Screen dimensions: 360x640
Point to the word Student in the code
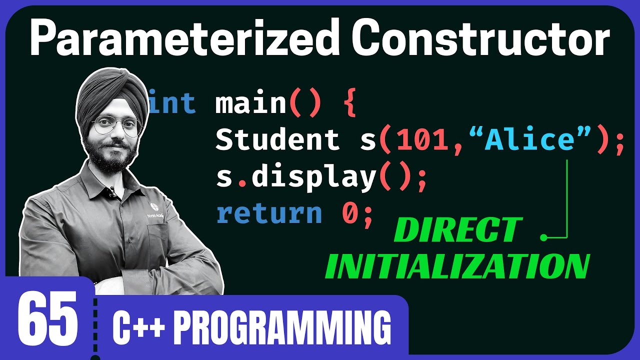pyautogui.click(x=277, y=140)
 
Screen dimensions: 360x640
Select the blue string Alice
pyautogui.click(x=530, y=140)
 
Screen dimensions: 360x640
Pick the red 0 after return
pyautogui.click(x=350, y=214)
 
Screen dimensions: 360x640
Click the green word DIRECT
pyautogui.click(x=457, y=231)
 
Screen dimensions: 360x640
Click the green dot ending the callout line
pyautogui.click(x=544, y=237)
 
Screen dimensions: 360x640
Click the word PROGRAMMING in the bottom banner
pyautogui.click(x=284, y=328)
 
